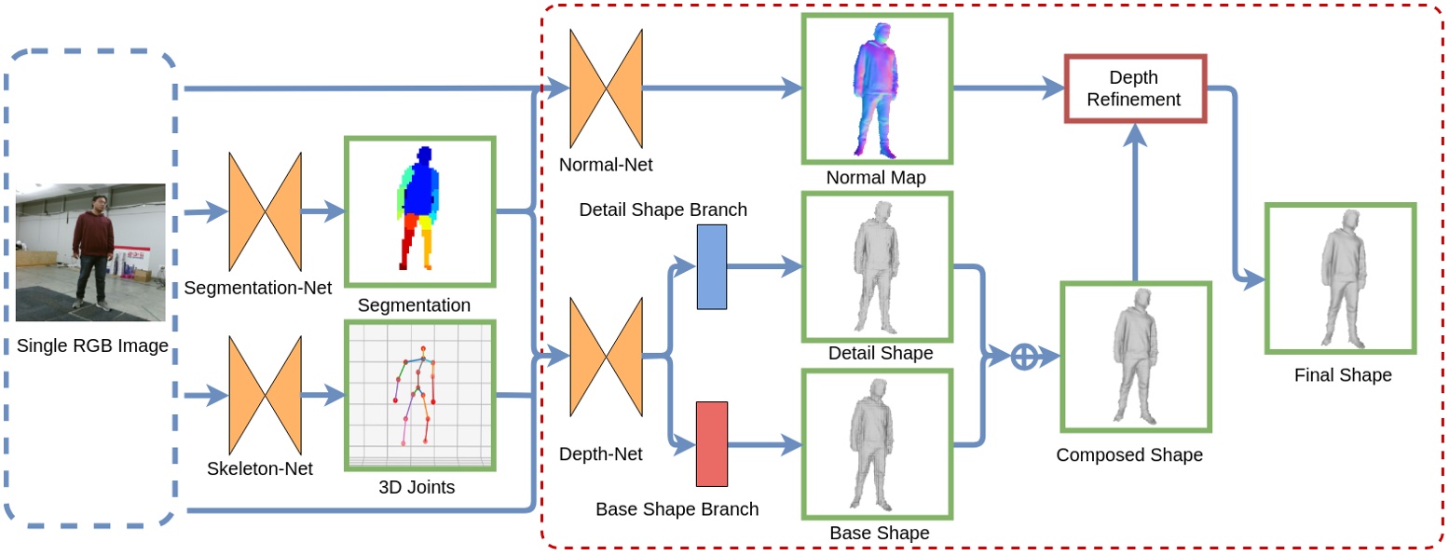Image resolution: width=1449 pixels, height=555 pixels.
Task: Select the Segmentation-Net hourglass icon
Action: [266, 212]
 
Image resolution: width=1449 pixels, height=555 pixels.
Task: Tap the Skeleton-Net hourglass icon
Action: [266, 395]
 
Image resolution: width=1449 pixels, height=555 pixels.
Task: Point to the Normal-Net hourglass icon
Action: [607, 88]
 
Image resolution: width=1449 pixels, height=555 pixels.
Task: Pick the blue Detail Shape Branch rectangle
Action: [712, 266]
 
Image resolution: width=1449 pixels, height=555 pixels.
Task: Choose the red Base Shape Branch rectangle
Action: [712, 444]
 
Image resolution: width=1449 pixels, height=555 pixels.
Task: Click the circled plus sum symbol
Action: [1024, 357]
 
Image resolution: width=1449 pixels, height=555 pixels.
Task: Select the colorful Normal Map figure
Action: [876, 88]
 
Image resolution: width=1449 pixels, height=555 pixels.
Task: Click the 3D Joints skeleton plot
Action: [418, 395]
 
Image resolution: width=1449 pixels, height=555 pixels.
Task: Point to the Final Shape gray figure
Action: [1339, 278]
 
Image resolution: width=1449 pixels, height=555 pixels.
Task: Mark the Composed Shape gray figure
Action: [1134, 357]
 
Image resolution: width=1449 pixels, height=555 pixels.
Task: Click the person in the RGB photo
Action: [94, 247]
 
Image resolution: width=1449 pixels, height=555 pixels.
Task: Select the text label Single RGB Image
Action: [92, 346]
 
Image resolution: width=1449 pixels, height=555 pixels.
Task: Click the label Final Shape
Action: [1343, 375]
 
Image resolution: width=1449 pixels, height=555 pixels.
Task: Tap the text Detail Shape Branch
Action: [663, 210]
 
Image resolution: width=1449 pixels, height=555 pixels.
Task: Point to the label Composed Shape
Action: [1129, 455]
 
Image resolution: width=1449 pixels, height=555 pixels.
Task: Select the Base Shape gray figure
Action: [876, 444]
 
